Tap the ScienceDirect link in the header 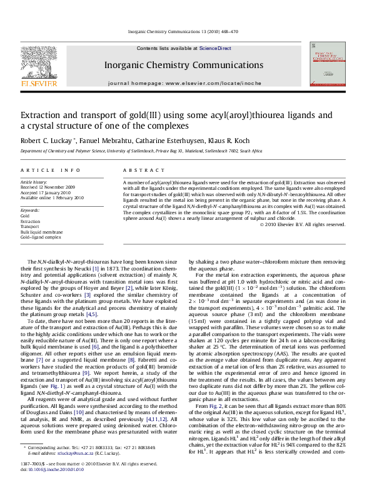pyautogui.click(x=215, y=48)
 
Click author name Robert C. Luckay pyautogui.click(x=48, y=141)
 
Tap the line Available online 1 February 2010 pyautogui.click(x=52, y=197)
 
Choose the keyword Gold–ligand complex pyautogui.click(x=41, y=237)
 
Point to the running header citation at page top pyautogui.click(x=186, y=32)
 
